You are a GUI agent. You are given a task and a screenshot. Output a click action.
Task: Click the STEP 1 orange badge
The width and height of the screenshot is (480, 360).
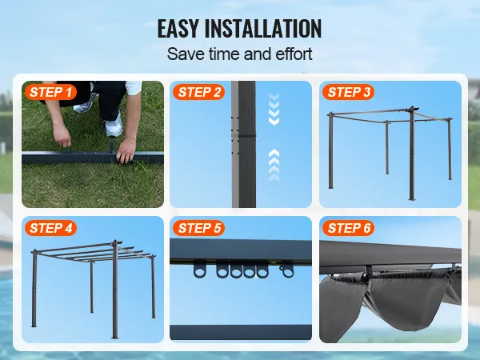point(50,92)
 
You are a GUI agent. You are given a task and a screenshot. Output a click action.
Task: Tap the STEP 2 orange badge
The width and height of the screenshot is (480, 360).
point(198,92)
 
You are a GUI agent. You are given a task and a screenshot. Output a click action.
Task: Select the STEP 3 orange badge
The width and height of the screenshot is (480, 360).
point(348,92)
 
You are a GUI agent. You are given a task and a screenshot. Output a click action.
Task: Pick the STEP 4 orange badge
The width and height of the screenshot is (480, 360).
point(50,228)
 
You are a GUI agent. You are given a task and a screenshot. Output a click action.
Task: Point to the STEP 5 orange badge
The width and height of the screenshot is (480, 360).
point(198,228)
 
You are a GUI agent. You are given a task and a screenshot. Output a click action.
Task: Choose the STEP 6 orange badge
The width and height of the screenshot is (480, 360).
point(348,228)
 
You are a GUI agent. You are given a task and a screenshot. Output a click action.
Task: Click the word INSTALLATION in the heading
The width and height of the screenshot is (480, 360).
point(263,29)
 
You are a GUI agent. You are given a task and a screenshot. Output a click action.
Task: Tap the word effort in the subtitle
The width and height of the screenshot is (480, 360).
point(294,54)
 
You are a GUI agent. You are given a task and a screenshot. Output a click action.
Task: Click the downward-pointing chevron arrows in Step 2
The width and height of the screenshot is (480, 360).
point(274,109)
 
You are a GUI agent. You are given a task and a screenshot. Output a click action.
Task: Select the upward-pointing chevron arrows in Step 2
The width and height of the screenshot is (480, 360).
point(274,166)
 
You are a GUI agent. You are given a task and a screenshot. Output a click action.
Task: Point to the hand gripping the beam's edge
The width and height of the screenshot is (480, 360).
point(126,151)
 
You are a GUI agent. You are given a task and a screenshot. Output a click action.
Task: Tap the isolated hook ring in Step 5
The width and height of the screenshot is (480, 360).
point(286,271)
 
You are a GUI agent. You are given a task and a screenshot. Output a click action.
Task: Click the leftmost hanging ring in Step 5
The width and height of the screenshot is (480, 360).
point(200,270)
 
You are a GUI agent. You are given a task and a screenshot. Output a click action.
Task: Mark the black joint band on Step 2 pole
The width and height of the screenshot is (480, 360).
point(247,136)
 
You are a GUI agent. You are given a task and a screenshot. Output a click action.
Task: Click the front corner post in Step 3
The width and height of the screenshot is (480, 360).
point(412,154)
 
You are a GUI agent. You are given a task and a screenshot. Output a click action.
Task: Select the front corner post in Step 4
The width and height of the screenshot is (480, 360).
point(114,290)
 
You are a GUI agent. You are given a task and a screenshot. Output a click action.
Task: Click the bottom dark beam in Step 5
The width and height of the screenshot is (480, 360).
point(241,332)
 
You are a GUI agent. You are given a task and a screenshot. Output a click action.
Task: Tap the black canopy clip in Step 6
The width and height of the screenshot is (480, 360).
point(369,273)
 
